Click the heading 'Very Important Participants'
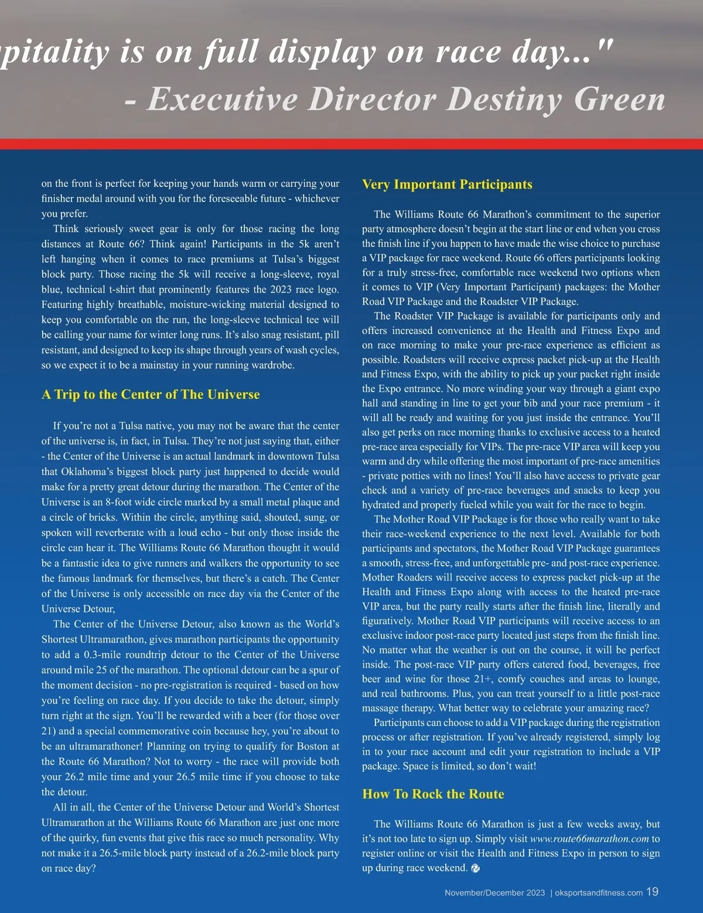click(x=447, y=185)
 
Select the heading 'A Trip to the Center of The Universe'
click(x=151, y=394)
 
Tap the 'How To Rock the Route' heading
click(x=433, y=794)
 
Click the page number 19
click(x=652, y=891)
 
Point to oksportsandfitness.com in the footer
click(x=598, y=892)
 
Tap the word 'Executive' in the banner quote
click(x=222, y=99)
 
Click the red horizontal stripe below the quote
click(x=351, y=144)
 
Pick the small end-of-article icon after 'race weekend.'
click(x=475, y=868)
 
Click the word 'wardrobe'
click(x=268, y=365)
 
